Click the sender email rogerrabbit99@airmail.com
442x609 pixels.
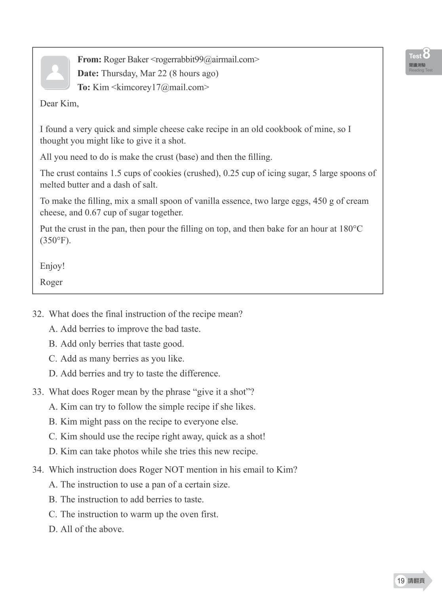(205, 59)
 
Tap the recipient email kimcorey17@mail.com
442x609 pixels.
(160, 87)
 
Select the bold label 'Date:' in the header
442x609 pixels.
(88, 73)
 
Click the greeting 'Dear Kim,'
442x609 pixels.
(59, 103)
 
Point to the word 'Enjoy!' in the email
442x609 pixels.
(52, 266)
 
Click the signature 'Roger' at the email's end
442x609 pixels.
(51, 282)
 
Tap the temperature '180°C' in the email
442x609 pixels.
(351, 229)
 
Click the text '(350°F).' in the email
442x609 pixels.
(55, 241)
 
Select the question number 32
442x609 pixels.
(38, 314)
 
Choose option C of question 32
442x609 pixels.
(116, 359)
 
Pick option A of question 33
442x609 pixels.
(152, 407)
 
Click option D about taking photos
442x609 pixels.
(153, 451)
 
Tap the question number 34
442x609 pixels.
(38, 470)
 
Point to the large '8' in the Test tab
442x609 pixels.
(426, 54)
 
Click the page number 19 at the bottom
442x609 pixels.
(401, 581)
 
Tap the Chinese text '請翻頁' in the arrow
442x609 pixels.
(416, 581)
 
